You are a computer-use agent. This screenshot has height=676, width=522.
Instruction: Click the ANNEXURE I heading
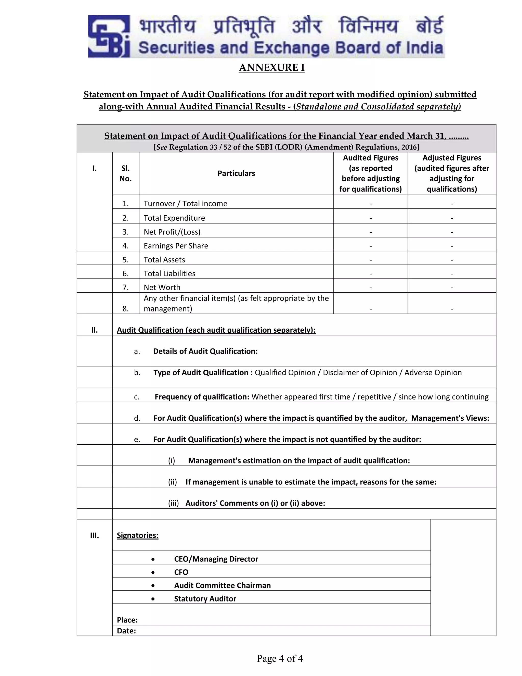(x=271, y=68)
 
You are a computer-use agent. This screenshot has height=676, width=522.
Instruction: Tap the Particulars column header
(x=236, y=173)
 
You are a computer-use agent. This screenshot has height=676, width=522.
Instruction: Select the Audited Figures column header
(x=370, y=173)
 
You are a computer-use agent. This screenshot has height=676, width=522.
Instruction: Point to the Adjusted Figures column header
(x=452, y=173)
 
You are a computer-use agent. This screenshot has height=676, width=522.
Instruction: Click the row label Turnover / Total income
(x=185, y=203)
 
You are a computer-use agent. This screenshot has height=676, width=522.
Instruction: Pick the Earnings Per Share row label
(x=176, y=246)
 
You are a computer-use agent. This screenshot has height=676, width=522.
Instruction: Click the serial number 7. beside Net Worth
(x=125, y=287)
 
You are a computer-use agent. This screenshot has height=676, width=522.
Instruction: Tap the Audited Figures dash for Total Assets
(x=370, y=260)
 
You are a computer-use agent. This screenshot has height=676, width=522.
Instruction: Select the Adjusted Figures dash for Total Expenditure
(x=452, y=218)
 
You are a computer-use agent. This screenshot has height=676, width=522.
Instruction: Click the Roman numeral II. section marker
(x=94, y=330)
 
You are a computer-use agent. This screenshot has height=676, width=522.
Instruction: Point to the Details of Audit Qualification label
(x=205, y=351)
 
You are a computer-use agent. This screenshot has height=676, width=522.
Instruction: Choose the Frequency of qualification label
(x=202, y=397)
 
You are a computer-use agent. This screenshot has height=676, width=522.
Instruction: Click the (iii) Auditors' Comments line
(x=246, y=503)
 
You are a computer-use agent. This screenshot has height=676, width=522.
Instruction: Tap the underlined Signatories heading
(x=137, y=535)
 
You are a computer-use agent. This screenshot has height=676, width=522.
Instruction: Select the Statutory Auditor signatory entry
(x=205, y=599)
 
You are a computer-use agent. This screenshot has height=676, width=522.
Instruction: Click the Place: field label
(x=127, y=620)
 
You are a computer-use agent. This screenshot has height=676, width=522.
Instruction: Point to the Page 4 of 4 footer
(x=280, y=658)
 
